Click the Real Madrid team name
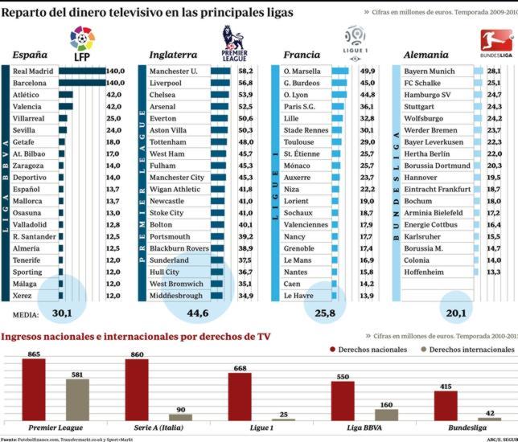click(34, 71)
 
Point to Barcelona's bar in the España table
click(81, 83)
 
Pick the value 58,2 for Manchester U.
click(245, 71)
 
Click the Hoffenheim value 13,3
click(495, 272)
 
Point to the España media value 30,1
click(63, 312)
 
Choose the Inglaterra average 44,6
click(197, 312)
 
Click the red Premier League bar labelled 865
click(33, 389)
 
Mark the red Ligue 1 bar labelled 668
click(240, 396)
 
